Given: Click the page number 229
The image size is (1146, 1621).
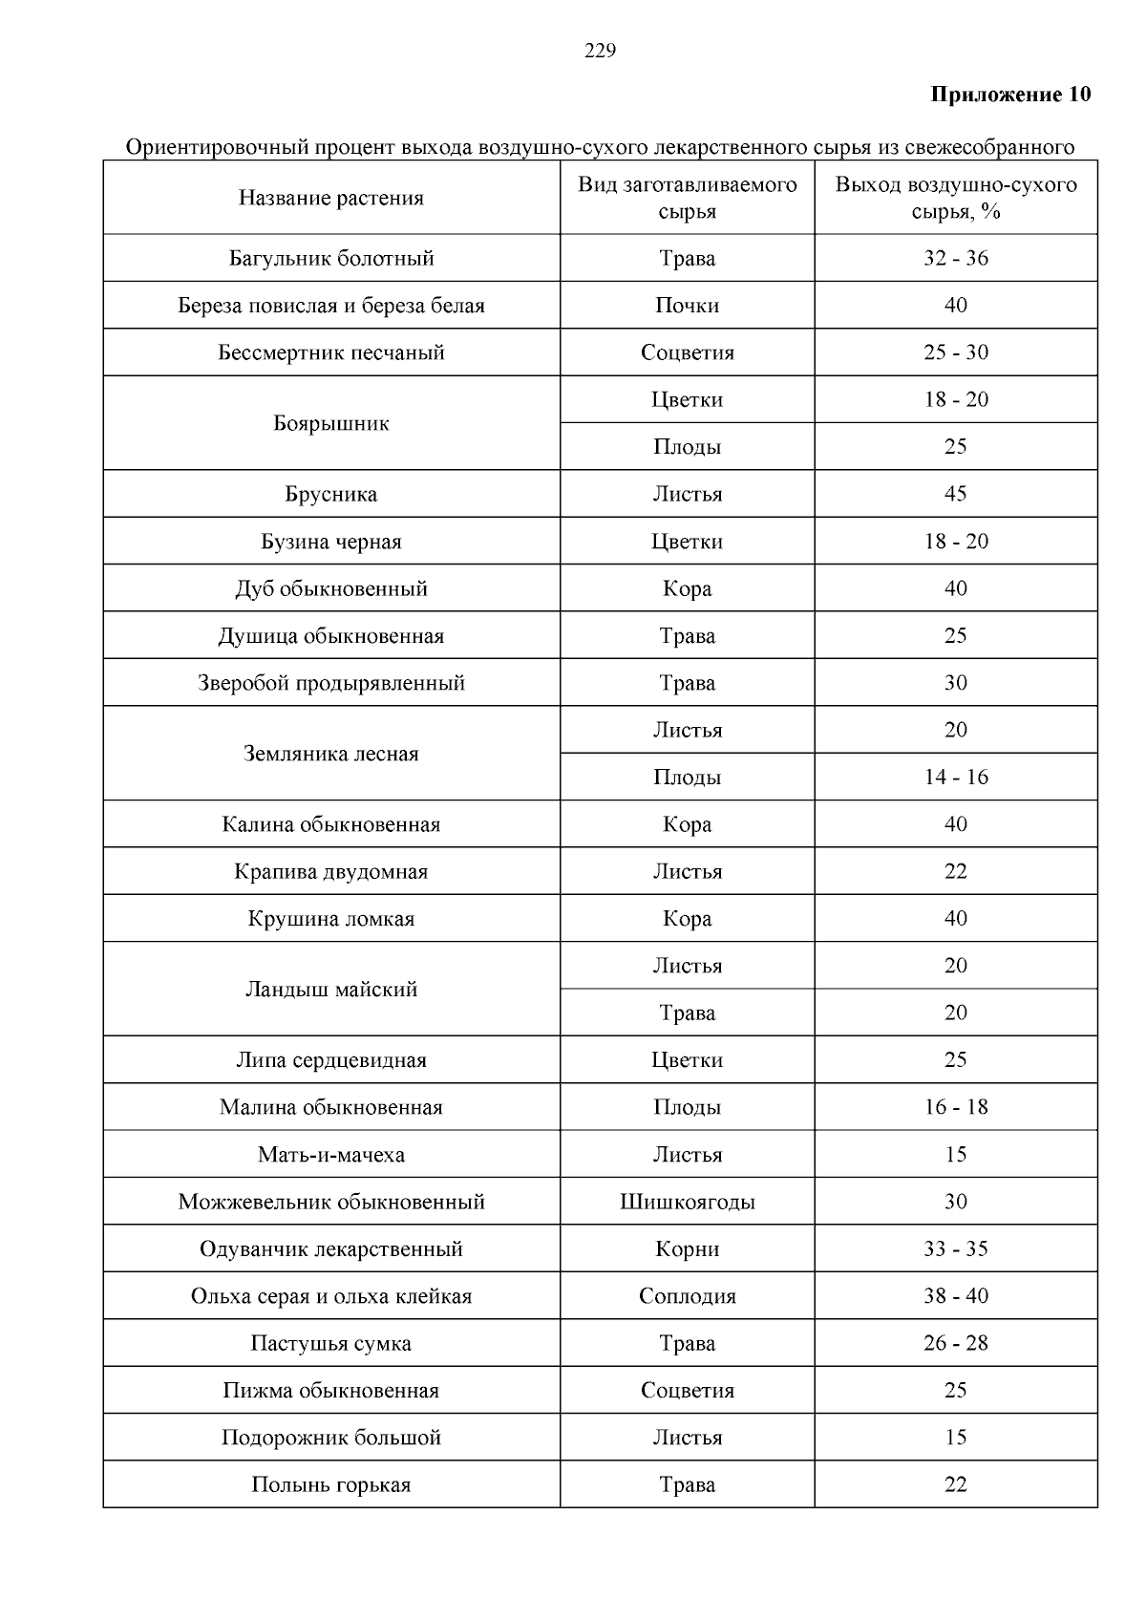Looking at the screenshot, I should pos(600,52).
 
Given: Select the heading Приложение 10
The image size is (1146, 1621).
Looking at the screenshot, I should pos(1009,95).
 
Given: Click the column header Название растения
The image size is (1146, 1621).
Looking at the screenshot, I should pos(330,199).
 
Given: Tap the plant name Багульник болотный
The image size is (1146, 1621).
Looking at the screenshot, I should pos(330,259).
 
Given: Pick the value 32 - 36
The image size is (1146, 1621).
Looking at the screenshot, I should pos(955,259).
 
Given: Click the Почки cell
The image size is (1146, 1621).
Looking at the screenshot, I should pos(687,306).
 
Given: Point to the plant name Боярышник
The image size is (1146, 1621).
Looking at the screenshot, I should pos(330,423).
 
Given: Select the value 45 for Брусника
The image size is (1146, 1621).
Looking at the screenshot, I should pos(955,494).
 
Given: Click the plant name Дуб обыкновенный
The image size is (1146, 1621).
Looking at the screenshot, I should pos(330,588).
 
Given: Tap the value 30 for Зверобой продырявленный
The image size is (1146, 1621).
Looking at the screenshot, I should pos(955,683).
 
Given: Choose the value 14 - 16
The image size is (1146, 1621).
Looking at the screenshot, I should pos(955,778).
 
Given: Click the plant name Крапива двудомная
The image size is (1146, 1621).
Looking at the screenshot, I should pos(330,871).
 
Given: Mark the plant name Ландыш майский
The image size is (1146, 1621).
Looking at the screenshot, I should pos(330,990).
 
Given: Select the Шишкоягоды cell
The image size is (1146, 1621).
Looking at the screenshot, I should pos(687,1202).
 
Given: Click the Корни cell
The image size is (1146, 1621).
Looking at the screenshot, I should pos(687,1249).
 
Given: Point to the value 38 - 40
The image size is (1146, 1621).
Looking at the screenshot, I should pos(955,1296).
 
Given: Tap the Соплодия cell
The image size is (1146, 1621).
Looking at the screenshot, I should pos(687,1296).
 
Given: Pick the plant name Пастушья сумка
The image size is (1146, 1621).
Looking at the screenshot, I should pos(330,1344).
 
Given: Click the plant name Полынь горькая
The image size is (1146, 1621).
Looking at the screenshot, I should pos(330,1485).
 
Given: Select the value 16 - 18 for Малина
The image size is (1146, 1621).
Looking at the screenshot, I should pos(955,1108).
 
